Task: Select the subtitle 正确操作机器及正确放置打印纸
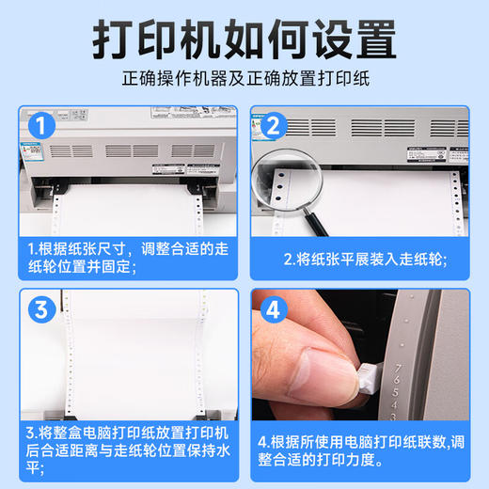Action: click(x=244, y=79)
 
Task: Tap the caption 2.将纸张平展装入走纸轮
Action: click(x=365, y=259)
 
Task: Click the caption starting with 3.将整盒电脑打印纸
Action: click(x=127, y=449)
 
